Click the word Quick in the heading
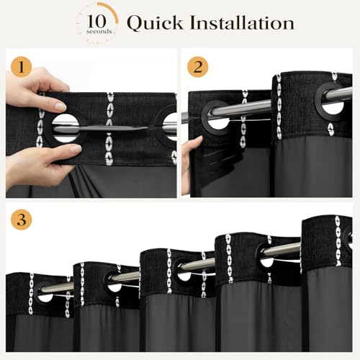155,23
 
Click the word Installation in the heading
242,22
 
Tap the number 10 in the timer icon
96,22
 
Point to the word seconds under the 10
99,32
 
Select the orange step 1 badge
22,67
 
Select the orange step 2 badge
197,67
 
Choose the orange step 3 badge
22,220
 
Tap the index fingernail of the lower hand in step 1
76,149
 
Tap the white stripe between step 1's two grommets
109,129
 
